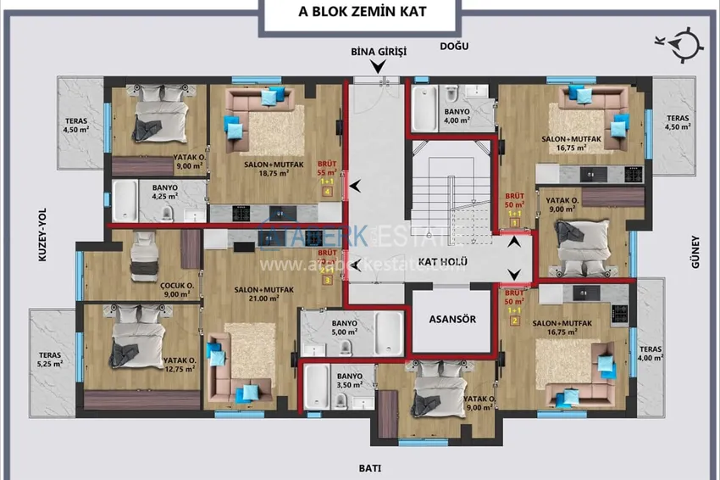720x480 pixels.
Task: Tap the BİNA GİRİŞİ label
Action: click(x=379, y=51)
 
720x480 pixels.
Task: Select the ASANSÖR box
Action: click(x=451, y=320)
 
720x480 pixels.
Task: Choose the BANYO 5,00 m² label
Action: click(x=345, y=327)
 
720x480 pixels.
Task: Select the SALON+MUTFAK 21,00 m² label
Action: click(x=263, y=293)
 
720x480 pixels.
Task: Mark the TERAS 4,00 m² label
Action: click(x=651, y=354)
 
